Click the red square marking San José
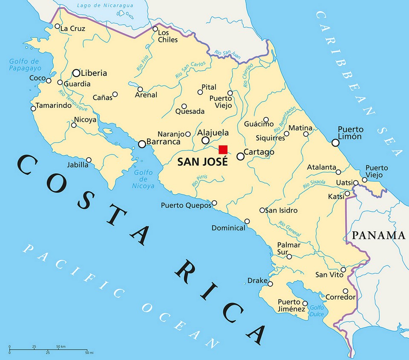[x=223, y=149]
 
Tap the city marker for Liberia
[x=76, y=73]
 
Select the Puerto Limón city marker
[x=335, y=143]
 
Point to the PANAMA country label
[x=378, y=235]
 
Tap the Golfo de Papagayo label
[x=25, y=64]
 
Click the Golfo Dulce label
[x=317, y=311]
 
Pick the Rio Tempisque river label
[x=73, y=101]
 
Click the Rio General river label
[x=290, y=229]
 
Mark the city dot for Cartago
[x=240, y=156]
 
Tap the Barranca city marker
[x=142, y=144]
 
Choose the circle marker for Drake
[x=270, y=284]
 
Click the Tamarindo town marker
[x=33, y=108]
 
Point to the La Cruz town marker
[x=58, y=26]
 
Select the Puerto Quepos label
[x=186, y=205]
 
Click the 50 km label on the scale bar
[x=60, y=347]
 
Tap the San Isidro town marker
[x=262, y=210]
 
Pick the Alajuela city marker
[x=205, y=140]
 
